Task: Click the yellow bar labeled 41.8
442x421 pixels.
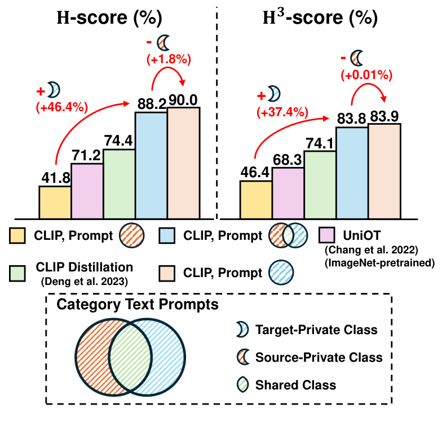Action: point(55,202)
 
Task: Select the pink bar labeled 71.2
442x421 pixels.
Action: point(87,191)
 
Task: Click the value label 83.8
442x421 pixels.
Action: point(352,120)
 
